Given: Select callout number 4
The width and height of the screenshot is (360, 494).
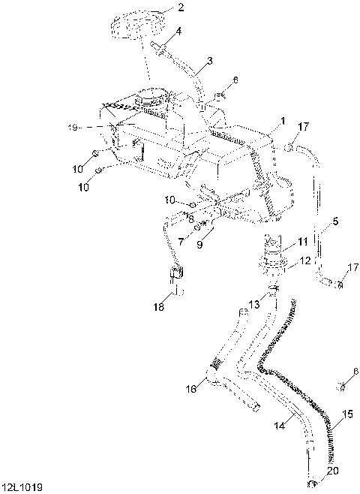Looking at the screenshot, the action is coord(178,32).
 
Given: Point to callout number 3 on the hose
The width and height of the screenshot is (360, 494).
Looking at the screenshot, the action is coord(209,60).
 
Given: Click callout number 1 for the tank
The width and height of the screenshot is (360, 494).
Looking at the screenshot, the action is coord(283,121).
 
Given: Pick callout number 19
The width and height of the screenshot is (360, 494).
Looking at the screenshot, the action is coord(73,128).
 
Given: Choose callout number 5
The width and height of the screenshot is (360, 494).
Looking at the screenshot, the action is coord(335,221).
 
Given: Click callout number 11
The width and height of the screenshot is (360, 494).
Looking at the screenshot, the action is coord(302,242).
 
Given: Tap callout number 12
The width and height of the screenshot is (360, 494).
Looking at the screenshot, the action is coord(305,261).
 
